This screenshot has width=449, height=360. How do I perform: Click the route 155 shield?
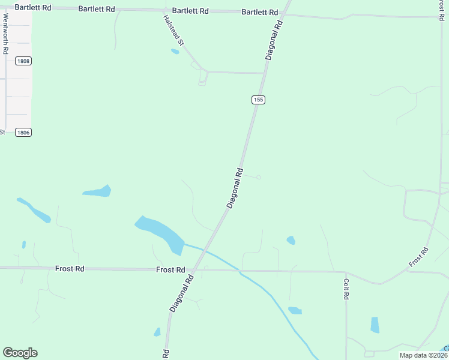[258, 100]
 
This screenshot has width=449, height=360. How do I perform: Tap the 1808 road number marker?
[23, 61]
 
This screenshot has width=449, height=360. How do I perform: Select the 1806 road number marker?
[23, 132]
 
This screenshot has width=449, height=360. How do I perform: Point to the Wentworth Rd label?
[5, 36]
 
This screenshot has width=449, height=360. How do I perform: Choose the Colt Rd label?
[346, 288]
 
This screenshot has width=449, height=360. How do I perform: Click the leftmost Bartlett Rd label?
[32, 8]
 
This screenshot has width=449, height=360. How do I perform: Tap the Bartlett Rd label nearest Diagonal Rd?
[260, 12]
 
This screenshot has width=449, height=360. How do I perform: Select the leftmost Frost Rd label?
[70, 269]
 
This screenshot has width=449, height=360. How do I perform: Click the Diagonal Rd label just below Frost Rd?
[183, 293]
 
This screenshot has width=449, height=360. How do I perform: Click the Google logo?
[20, 353]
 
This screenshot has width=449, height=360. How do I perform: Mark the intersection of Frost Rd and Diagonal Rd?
[193, 271]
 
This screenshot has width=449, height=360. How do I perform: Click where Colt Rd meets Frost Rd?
[346, 272]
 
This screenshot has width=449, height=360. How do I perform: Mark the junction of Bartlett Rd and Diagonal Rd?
[285, 13]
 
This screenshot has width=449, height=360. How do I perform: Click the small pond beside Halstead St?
[175, 52]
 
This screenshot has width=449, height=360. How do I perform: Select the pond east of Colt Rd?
[375, 325]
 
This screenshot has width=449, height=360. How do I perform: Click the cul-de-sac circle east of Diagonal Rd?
[259, 177]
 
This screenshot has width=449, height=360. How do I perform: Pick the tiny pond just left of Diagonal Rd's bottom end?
[157, 332]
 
